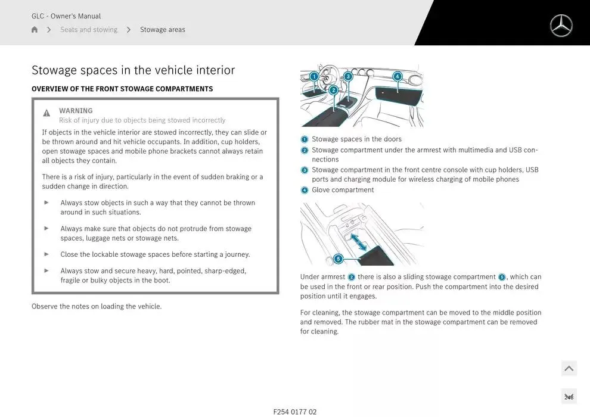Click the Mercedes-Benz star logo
coord(561,26)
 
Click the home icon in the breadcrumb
coord(35,30)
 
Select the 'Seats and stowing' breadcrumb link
coord(89,30)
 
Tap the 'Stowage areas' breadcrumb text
coord(163,30)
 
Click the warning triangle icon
coord(46,113)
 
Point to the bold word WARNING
coord(76,110)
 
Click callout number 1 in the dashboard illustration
coord(314,76)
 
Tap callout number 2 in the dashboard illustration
coord(333,90)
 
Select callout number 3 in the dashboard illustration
coord(348,76)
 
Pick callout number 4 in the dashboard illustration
coord(398,76)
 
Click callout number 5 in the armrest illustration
coord(338,259)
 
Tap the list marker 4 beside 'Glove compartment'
coord(305,191)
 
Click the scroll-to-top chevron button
coord(569,369)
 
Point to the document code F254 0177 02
coord(295,412)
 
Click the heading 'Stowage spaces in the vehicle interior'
coord(133,70)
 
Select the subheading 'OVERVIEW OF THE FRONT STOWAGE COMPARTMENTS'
coord(122,89)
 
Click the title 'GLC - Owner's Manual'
coord(66,16)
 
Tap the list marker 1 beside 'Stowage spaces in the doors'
coord(305,139)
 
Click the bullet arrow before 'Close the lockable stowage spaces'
coord(46,254)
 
